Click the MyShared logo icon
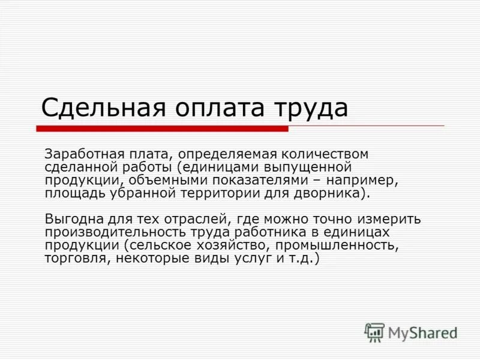(x=375, y=332)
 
